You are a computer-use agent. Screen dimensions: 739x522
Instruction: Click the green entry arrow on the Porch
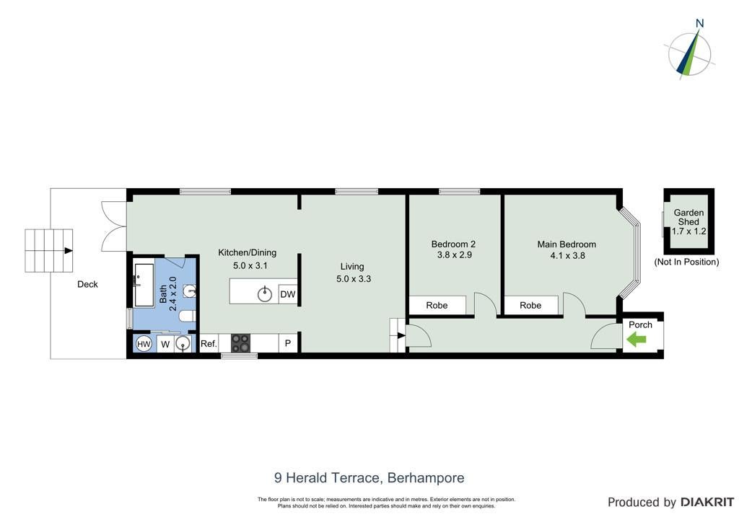tap(637, 339)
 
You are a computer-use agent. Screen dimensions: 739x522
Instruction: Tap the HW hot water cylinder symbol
tap(144, 344)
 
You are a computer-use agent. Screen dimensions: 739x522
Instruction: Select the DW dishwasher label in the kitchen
tap(287, 295)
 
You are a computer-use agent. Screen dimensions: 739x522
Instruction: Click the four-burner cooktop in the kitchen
tap(240, 343)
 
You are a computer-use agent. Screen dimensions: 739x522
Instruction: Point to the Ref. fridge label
tap(209, 344)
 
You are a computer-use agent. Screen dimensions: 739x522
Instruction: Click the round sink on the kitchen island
tap(265, 295)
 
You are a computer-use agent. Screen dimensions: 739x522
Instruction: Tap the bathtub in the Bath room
tap(144, 286)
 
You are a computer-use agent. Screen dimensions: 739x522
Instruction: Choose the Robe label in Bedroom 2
tap(437, 305)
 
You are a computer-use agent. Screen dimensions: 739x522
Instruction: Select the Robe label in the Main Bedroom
tap(530, 305)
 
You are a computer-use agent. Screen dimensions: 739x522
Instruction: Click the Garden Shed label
tap(688, 217)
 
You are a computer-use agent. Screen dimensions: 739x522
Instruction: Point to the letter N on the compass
tap(700, 23)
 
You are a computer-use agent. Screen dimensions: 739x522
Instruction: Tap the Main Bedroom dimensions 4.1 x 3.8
tap(567, 255)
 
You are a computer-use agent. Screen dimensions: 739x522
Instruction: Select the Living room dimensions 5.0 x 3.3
tap(354, 278)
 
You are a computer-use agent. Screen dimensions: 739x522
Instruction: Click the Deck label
tap(87, 284)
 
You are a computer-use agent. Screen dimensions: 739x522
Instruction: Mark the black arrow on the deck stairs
tap(69, 250)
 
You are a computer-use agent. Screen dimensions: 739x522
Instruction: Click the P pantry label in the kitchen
tap(287, 344)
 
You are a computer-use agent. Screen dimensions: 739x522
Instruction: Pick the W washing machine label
tap(165, 345)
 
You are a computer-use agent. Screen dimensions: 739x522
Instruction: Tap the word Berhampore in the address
tap(426, 478)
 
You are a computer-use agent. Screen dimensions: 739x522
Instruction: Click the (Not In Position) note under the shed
tap(687, 262)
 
